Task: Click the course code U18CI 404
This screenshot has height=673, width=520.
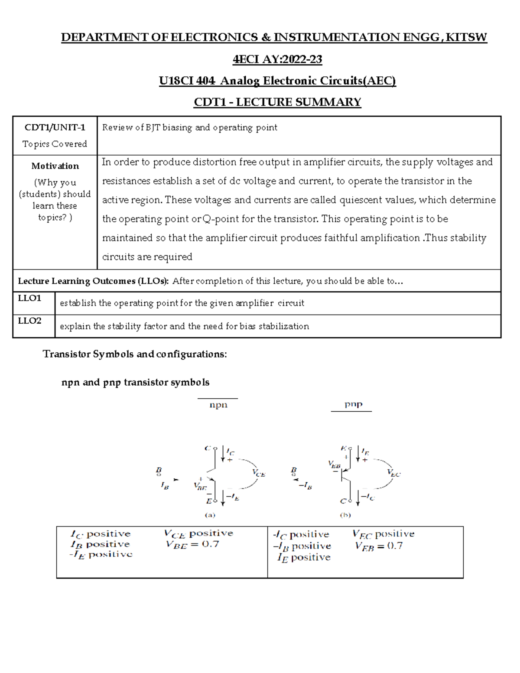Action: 187,81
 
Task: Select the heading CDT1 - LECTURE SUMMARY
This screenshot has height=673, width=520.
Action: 277,102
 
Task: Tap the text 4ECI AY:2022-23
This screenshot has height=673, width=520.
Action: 277,59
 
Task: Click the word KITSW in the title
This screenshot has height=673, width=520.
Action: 466,38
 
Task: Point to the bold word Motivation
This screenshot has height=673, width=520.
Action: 55,166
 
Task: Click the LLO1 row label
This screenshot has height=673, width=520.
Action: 29,298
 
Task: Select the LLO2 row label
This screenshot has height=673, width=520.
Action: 29,321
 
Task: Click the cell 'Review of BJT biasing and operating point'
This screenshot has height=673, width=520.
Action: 190,127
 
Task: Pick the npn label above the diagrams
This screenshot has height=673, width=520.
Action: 218,405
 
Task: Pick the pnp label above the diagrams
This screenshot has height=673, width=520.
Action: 353,404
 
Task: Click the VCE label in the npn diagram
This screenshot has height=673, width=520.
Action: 259,473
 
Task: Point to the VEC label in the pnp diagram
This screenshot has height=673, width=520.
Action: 393,473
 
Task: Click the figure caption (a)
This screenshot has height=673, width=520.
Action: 210,515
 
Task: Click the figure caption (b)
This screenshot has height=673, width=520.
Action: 345,515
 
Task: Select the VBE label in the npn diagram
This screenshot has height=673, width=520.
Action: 200,487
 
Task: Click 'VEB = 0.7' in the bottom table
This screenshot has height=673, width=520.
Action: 379,546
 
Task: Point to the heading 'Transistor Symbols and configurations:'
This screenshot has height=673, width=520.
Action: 135,354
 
